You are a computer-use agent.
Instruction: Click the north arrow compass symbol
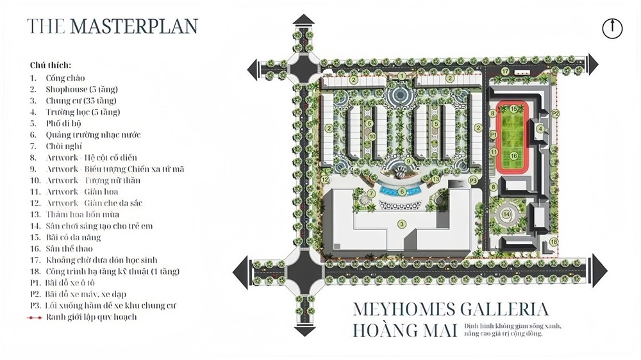613,29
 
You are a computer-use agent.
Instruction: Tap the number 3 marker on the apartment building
402,224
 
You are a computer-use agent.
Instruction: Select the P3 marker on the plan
473,181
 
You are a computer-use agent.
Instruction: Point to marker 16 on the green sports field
513,155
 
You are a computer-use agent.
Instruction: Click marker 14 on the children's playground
507,214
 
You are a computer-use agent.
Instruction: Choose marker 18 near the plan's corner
553,241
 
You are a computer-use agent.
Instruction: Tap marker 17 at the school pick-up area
505,71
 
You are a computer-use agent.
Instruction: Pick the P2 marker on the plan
556,113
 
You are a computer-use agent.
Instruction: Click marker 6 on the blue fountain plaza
402,191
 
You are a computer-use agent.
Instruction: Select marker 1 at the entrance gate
402,76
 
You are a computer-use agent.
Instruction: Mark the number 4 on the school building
540,129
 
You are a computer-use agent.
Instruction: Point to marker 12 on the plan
326,170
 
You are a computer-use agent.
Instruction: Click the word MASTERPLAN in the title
134,26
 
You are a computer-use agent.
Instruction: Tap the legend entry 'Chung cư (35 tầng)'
81,101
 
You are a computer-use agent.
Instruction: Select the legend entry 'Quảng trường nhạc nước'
93,135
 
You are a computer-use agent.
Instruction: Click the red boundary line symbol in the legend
35,317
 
